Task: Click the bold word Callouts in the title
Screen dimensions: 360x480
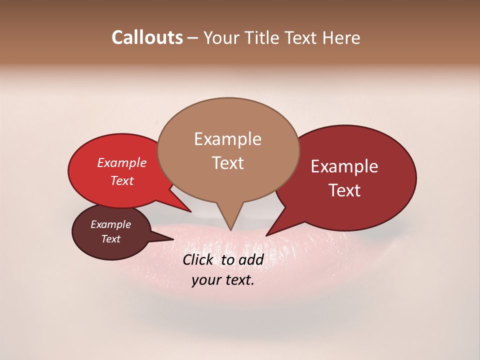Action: pyautogui.click(x=147, y=37)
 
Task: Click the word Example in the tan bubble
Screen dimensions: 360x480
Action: pyautogui.click(x=227, y=139)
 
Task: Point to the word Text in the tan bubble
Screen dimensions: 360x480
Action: pyautogui.click(x=227, y=163)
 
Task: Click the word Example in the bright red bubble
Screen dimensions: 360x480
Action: pyautogui.click(x=122, y=162)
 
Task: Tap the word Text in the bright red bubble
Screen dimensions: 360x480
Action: pyautogui.click(x=122, y=180)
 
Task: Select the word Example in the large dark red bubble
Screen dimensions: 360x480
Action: pyautogui.click(x=344, y=166)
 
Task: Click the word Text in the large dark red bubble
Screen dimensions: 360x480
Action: pyautogui.click(x=344, y=190)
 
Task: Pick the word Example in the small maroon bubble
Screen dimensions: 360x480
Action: pyautogui.click(x=110, y=224)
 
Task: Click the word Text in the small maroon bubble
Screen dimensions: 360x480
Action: pyautogui.click(x=110, y=239)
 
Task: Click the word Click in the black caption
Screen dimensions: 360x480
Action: pyautogui.click(x=199, y=259)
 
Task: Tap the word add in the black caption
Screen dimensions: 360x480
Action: pyautogui.click(x=251, y=259)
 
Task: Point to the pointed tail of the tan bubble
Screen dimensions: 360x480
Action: pyautogui.click(x=230, y=229)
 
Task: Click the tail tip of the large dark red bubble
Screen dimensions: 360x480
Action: pyautogui.click(x=267, y=235)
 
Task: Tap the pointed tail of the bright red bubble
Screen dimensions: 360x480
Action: pyautogui.click(x=190, y=211)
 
